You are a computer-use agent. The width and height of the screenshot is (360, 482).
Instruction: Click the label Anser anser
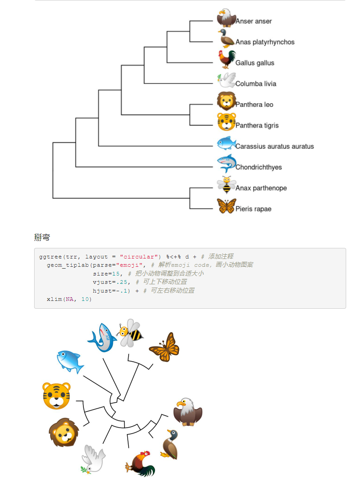pyautogui.click(x=254, y=21)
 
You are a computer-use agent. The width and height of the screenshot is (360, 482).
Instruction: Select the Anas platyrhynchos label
pyautogui.click(x=265, y=42)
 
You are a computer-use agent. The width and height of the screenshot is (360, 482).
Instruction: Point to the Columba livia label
pyautogui.click(x=256, y=84)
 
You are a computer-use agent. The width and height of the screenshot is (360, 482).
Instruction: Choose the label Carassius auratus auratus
pyautogui.click(x=274, y=147)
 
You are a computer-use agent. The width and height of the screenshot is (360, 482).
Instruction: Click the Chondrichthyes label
pyautogui.click(x=259, y=167)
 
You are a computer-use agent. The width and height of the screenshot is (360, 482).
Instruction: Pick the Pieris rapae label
pyautogui.click(x=253, y=209)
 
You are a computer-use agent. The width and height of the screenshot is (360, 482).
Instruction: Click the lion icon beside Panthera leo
pyautogui.click(x=226, y=101)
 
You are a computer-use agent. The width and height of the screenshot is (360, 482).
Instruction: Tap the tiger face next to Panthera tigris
pyautogui.click(x=226, y=121)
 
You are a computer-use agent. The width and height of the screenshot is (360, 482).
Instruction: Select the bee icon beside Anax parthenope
pyautogui.click(x=226, y=185)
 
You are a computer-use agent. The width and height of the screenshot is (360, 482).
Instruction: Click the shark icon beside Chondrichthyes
pyautogui.click(x=226, y=164)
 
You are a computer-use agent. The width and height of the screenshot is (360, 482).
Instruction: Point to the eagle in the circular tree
pyautogui.click(x=188, y=412)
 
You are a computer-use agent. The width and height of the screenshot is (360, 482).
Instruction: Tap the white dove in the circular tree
pyautogui.click(x=94, y=459)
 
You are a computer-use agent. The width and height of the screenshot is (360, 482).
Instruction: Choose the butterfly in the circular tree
pyautogui.click(x=165, y=347)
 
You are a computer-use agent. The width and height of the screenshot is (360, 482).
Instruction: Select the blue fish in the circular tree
pyautogui.click(x=70, y=361)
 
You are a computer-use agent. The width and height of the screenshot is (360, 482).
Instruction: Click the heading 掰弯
pyautogui.click(x=42, y=238)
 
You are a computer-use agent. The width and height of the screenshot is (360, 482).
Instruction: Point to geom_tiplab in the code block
pyautogui.click(x=67, y=265)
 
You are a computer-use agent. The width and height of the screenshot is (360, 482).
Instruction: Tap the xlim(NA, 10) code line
pyautogui.click(x=69, y=300)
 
